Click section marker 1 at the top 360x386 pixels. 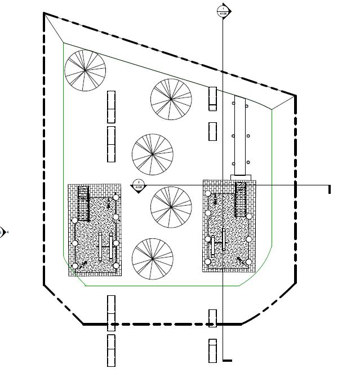click(223, 11)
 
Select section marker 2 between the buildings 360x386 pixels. click(138, 185)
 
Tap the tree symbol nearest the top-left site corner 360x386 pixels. click(85, 70)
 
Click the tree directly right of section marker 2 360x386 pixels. click(171, 207)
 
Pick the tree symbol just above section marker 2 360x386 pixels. click(152, 154)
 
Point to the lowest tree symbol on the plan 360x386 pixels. click(152, 259)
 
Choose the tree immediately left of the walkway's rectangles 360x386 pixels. click(171, 99)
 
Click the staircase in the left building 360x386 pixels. click(83, 203)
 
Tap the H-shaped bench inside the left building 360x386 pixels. click(105, 246)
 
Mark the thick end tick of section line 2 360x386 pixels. click(330, 189)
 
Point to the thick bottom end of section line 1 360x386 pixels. click(227, 360)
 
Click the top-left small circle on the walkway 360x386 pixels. click(233, 103)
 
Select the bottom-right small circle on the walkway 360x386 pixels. click(247, 163)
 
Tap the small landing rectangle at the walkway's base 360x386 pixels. click(241, 177)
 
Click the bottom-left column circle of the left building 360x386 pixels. click(75, 266)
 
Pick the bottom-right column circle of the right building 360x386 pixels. click(248, 261)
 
